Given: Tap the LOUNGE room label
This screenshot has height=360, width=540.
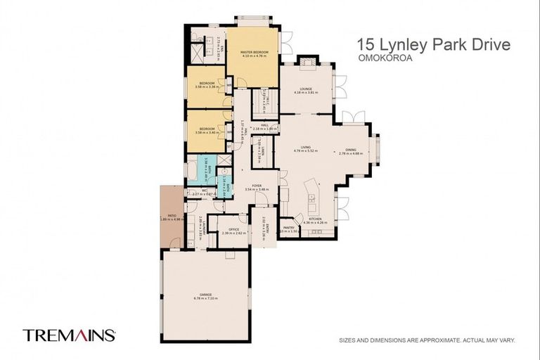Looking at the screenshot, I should [x=305, y=89].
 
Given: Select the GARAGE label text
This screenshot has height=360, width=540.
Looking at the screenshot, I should [x=205, y=295].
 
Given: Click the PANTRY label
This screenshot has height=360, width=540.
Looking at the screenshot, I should [x=288, y=228].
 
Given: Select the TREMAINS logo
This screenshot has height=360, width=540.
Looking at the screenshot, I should [x=69, y=335].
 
